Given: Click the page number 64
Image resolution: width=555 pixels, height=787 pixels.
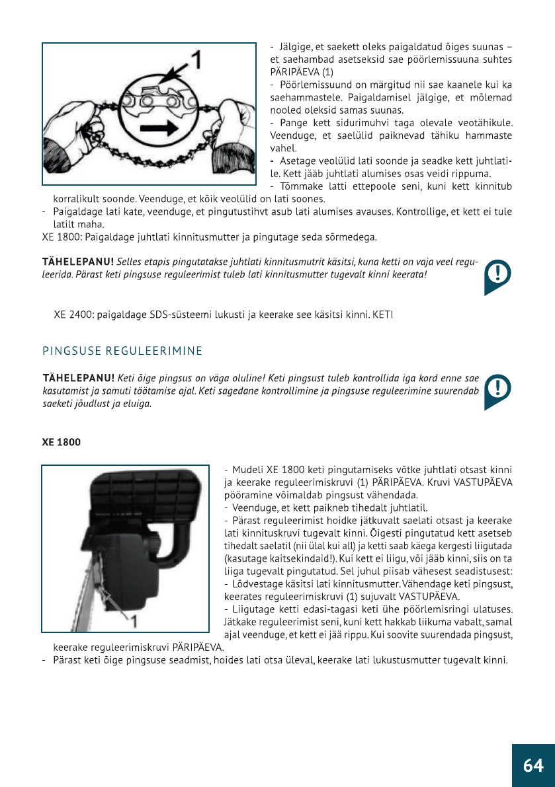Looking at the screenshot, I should click(533, 765).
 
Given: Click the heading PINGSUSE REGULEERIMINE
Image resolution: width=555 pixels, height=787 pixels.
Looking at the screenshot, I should click(122, 350).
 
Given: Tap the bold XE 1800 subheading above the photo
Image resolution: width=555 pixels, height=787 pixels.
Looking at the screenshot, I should click(62, 442).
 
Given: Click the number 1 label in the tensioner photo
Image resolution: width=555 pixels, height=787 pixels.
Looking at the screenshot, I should click(133, 620).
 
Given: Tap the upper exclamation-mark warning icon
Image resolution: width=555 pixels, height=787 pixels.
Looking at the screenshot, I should click(497, 276).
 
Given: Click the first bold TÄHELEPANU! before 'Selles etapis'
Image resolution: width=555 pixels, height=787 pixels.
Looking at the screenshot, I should click(78, 263).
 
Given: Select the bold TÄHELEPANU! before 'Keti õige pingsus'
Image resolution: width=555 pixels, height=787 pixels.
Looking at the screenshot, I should click(78, 379).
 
